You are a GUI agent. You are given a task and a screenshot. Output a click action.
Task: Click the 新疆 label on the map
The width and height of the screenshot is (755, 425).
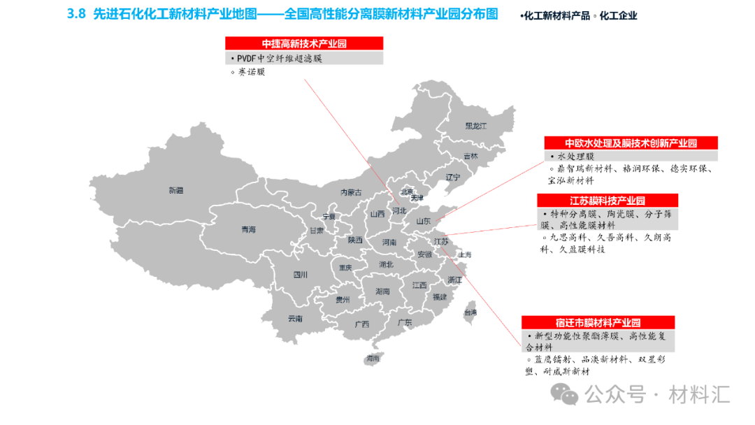(175, 190)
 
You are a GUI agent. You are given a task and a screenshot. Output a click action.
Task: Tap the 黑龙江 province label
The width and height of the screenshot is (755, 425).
(475, 126)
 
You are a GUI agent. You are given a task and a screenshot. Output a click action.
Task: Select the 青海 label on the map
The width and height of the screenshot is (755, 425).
(248, 229)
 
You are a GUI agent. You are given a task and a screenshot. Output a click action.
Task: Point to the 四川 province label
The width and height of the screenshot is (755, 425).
(300, 275)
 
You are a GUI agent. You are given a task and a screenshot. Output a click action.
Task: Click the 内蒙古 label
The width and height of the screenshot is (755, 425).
(351, 192)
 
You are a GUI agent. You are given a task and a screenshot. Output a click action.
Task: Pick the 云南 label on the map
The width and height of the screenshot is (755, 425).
(295, 319)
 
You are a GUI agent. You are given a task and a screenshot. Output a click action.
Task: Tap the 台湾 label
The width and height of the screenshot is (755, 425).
(470, 312)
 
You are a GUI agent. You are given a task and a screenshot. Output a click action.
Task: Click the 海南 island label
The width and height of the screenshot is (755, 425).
(373, 358)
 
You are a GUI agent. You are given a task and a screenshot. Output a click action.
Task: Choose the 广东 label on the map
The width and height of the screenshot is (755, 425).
(405, 322)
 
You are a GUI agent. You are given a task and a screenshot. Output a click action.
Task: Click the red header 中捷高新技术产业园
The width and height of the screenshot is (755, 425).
(304, 43)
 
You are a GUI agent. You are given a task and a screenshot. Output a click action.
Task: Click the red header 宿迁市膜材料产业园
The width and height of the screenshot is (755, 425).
(598, 323)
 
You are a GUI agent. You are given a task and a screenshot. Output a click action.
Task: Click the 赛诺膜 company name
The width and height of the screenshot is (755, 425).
(251, 72)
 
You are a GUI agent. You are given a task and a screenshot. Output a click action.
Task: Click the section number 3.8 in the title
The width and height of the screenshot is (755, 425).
(75, 14)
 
